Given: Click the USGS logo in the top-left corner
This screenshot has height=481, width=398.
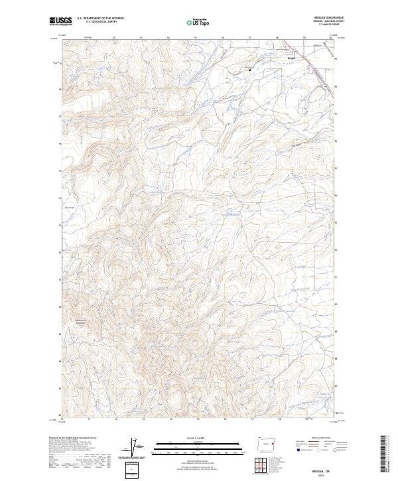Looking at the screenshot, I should [60, 21].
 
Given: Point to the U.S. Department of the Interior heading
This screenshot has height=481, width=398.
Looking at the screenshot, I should [101, 19].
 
